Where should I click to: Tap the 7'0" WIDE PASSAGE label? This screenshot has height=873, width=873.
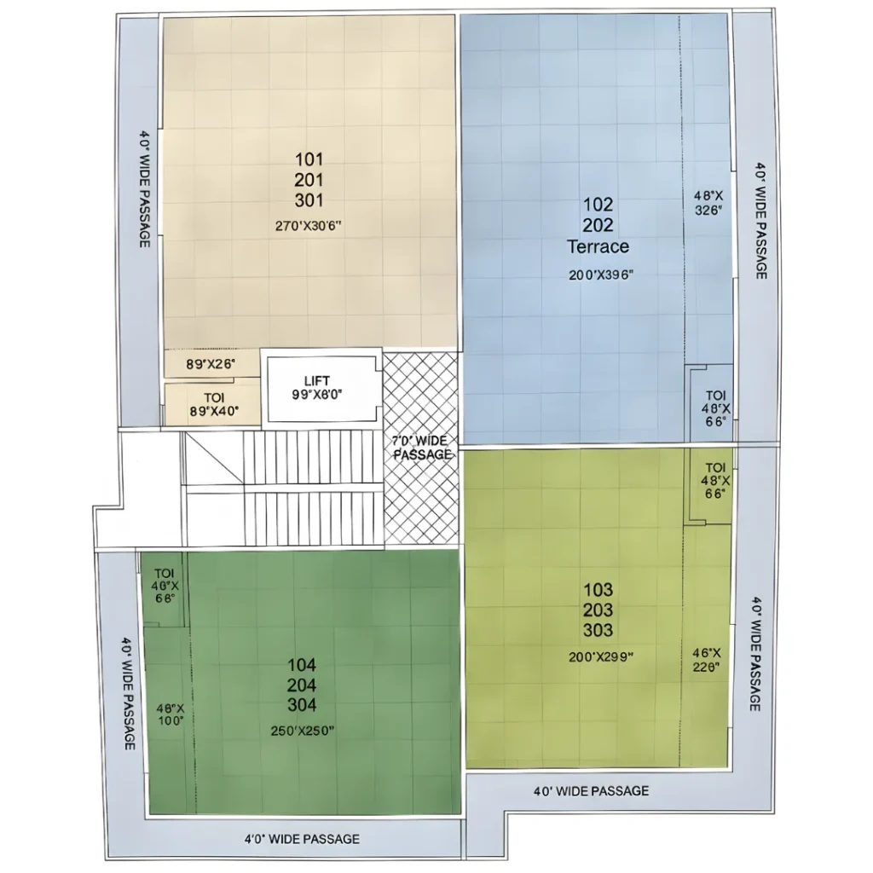[421, 448]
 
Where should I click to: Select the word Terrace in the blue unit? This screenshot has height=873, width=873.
[598, 247]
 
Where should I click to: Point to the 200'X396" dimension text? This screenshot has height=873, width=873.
[601, 275]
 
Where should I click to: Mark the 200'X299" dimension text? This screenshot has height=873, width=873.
[601, 656]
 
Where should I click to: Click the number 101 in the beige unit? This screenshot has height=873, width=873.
[309, 159]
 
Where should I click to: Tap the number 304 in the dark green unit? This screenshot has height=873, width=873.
[302, 705]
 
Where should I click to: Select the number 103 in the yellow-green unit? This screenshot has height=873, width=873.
[598, 590]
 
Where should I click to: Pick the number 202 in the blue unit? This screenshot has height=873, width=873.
[598, 225]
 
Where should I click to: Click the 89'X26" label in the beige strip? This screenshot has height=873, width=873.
[211, 364]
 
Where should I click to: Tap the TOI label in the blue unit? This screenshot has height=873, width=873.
[714, 396]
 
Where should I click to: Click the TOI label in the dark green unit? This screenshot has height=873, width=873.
[165, 573]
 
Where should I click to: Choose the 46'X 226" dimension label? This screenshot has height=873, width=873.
[707, 661]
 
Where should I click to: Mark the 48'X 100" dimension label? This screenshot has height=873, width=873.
[171, 714]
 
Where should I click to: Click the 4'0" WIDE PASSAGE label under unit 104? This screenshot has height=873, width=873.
[302, 839]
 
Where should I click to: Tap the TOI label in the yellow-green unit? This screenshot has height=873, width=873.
[714, 468]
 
